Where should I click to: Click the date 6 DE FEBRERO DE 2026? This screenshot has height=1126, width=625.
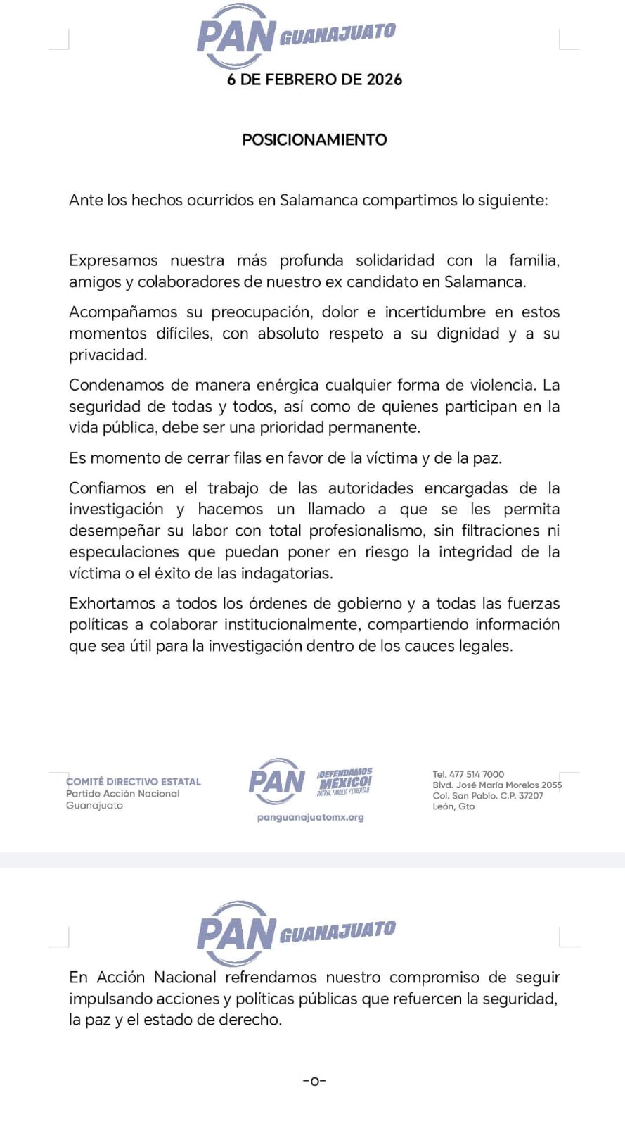pos(314,80)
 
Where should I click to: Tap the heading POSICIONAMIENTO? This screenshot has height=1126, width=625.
pos(314,139)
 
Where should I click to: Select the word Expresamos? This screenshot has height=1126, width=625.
pos(113,261)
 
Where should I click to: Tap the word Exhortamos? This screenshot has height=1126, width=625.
pos(112,603)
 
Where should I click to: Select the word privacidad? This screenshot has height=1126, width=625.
pos(108,355)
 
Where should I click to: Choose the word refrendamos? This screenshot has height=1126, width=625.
pos(271,978)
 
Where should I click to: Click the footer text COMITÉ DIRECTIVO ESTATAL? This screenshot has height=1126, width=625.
pos(134,782)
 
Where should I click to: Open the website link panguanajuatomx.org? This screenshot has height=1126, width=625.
pos(311,818)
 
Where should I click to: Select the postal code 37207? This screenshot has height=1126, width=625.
pos(531,796)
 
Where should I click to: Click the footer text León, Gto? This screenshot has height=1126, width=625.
pos(453,806)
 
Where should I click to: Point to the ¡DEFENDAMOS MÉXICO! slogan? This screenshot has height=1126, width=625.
pos(344,780)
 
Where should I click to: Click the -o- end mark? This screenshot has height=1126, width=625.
pos(314,1081)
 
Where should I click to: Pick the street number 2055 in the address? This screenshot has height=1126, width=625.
pos(551,785)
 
